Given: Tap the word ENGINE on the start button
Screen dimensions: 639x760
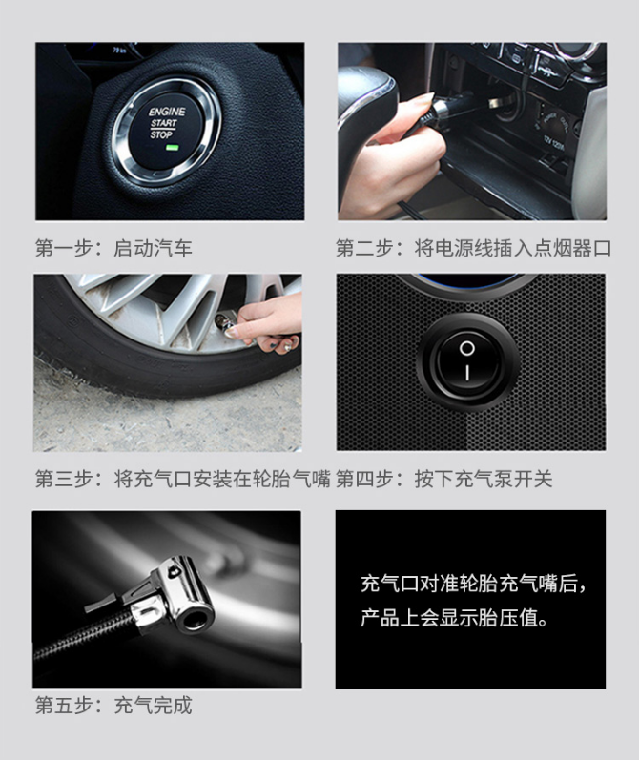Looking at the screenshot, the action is (167, 112).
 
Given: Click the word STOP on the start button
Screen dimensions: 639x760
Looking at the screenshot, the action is (161, 134).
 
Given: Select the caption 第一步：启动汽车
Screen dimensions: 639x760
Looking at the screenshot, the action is (113, 248).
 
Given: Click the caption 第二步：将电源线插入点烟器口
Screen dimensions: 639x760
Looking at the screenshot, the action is (473, 248).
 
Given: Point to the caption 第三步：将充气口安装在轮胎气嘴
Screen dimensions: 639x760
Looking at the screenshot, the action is (183, 479).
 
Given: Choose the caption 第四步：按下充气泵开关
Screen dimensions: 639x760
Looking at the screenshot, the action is (444, 479).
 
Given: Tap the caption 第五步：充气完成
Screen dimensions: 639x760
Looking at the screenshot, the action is (113, 706).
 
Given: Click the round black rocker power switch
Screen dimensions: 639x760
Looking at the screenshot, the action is (467, 361).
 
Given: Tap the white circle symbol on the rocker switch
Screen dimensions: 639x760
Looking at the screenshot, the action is (467, 348).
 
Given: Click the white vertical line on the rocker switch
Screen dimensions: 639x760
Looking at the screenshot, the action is (467, 373).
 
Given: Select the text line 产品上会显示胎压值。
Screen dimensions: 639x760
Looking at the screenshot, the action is (455, 618).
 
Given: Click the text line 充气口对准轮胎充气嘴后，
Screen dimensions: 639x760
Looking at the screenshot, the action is (474, 584).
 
